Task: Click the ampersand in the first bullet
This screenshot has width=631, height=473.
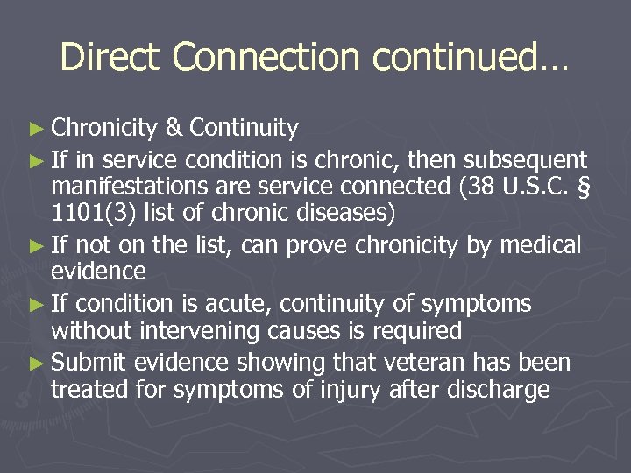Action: (x=174, y=129)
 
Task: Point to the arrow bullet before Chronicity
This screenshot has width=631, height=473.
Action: (x=40, y=130)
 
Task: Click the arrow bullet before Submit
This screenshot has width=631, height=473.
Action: (x=40, y=364)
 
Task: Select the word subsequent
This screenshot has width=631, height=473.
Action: (x=525, y=159)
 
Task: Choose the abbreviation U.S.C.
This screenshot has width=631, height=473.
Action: (x=521, y=187)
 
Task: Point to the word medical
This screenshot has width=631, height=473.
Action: (x=538, y=245)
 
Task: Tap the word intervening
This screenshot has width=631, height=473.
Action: (x=202, y=331)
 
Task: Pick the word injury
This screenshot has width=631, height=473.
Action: (x=333, y=390)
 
